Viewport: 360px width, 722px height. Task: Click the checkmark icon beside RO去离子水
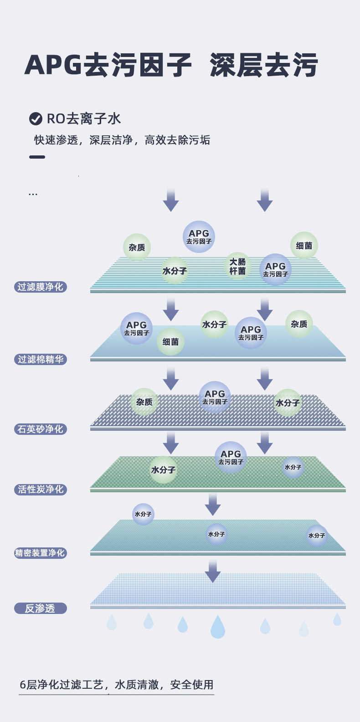36,119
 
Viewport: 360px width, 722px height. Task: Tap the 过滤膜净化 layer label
41,287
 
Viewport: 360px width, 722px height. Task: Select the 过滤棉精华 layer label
41,360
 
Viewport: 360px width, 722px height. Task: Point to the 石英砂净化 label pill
41,429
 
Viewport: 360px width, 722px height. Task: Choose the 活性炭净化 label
41,490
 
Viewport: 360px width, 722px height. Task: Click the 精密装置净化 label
41,553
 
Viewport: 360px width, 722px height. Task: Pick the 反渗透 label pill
41,609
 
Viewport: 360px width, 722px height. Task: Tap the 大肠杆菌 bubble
237,266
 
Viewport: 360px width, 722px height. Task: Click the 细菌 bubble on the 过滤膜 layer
304,246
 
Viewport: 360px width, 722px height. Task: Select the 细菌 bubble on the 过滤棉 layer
170,342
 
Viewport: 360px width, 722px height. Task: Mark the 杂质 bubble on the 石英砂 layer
144,402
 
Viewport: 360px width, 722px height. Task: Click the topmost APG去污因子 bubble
199,237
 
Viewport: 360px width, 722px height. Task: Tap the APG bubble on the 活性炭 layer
231,457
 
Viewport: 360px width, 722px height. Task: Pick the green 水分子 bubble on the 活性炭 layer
163,469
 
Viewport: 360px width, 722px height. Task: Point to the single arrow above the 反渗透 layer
212,571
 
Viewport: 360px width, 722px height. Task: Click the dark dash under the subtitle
37,157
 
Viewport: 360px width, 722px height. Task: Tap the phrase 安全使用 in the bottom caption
192,685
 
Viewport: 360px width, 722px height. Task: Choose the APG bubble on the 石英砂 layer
215,397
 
